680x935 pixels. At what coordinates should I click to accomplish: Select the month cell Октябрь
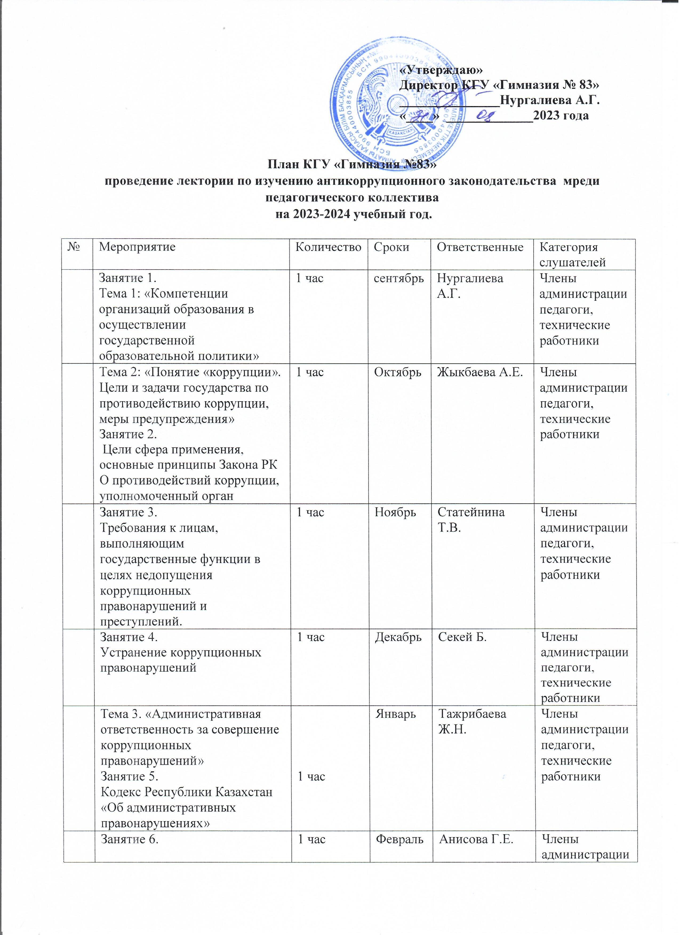pos(398,372)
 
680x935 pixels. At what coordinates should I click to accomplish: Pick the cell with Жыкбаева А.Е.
pos(481,372)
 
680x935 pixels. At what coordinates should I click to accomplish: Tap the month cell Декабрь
pos(398,637)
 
